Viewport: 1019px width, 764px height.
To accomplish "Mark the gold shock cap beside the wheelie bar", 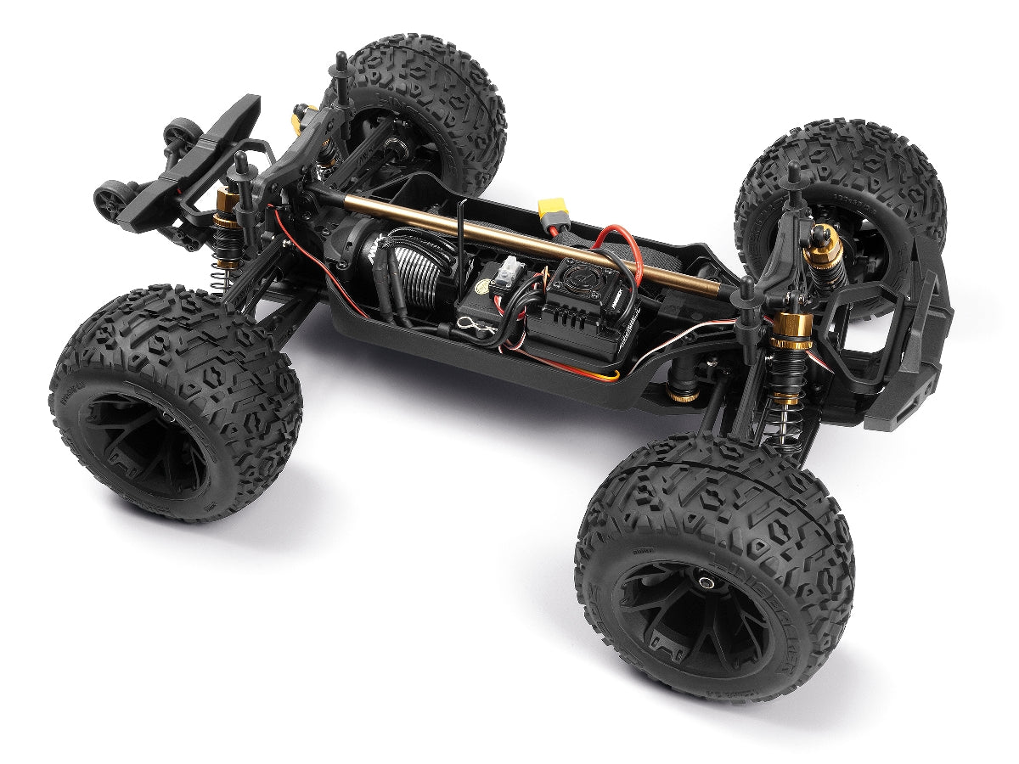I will [226, 202].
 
